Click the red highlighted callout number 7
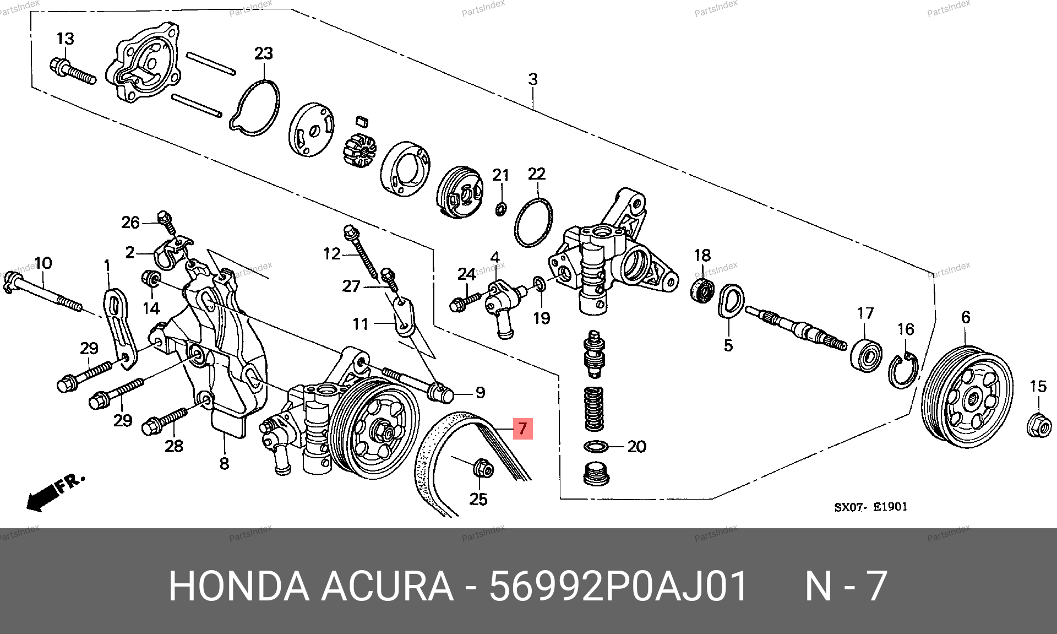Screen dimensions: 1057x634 point(522,428)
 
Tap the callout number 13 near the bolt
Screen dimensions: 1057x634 point(66,39)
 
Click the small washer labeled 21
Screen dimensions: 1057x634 point(501,209)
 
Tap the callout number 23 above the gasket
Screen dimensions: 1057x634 point(264,53)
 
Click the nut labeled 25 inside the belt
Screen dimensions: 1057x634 point(483,468)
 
